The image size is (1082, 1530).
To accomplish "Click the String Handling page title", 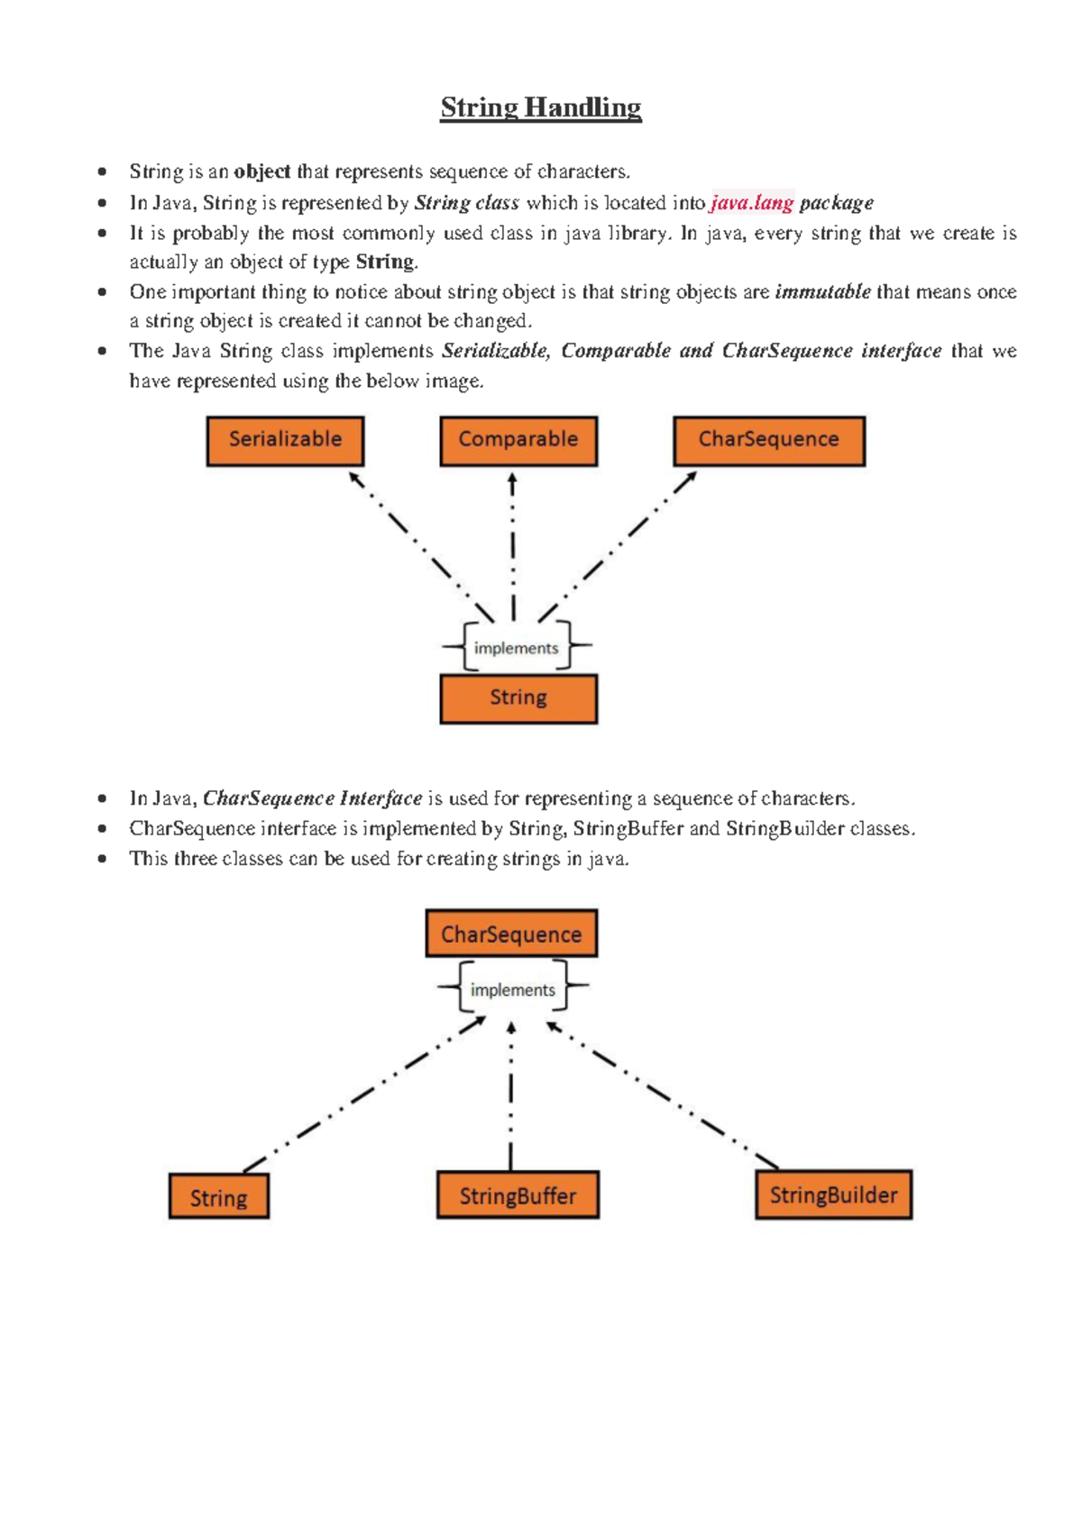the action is (x=541, y=108).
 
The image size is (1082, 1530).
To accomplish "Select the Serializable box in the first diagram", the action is (x=285, y=440).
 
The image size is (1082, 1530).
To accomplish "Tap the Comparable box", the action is (x=518, y=440).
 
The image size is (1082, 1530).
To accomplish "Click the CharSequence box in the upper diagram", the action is (x=769, y=440).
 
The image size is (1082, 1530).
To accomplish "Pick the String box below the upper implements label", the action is (x=518, y=699).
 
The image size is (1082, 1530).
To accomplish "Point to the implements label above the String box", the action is (x=516, y=648).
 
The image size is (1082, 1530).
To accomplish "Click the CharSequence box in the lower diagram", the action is (x=511, y=933).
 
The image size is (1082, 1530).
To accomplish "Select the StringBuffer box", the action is (x=518, y=1195).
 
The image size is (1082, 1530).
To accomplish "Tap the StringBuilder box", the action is (x=833, y=1194).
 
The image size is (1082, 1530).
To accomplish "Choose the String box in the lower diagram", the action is (x=219, y=1197).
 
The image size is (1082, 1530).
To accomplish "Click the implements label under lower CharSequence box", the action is (x=513, y=990).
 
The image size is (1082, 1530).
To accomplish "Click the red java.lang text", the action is (x=752, y=203).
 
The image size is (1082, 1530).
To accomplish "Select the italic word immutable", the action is (x=822, y=291).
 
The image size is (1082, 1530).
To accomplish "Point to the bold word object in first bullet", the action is (x=262, y=171).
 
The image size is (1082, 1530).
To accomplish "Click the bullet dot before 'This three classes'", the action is (x=103, y=859).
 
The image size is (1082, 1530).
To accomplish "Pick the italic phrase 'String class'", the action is (x=467, y=203).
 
